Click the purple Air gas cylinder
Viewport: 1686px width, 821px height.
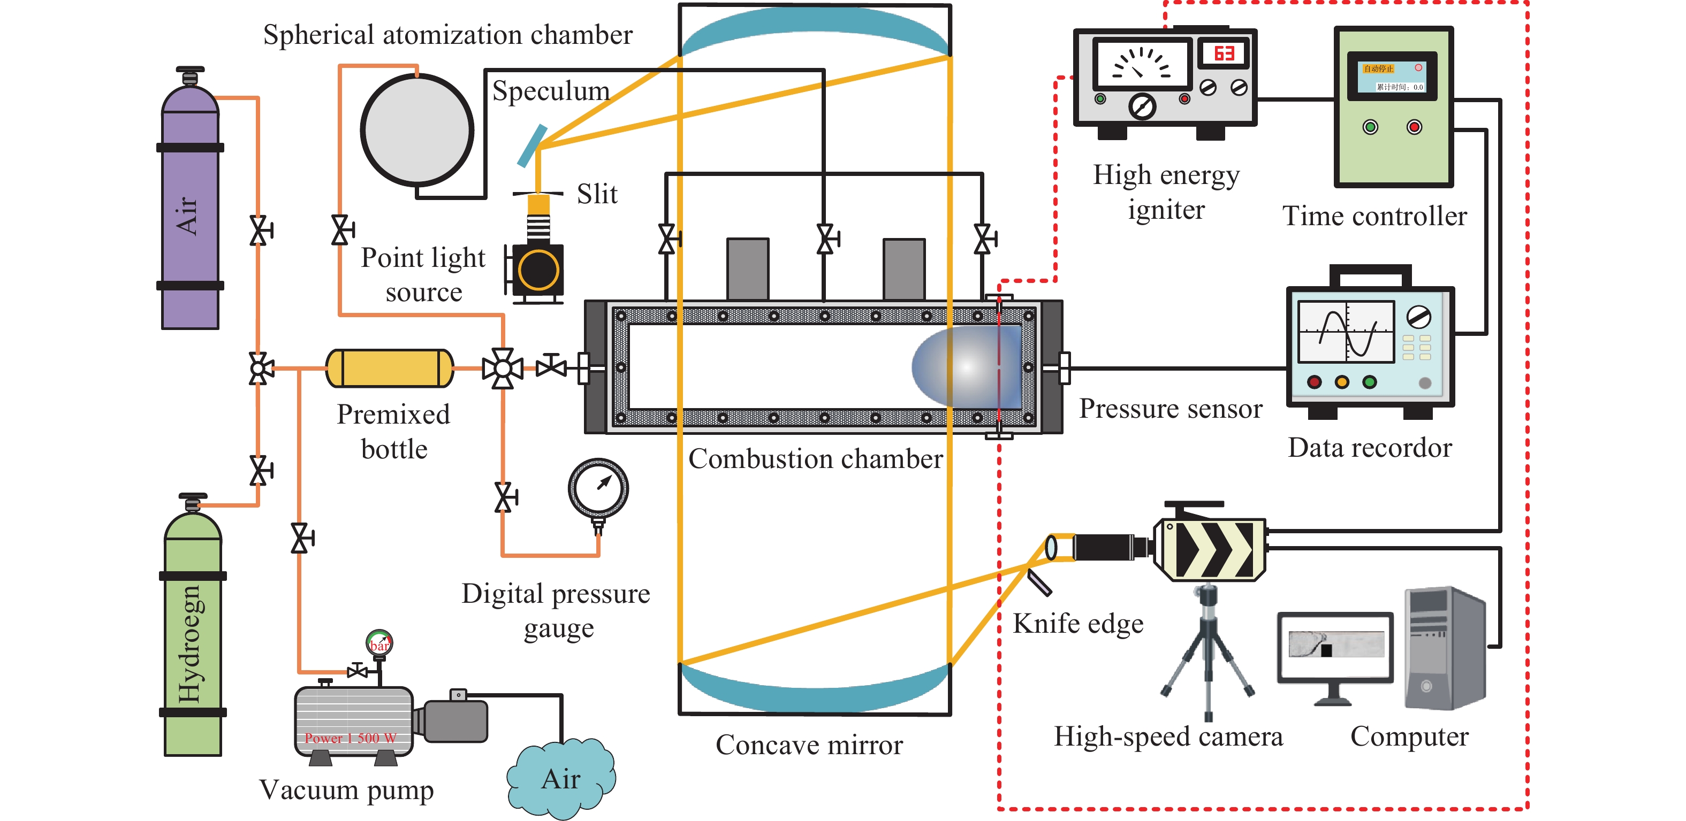pos(190,216)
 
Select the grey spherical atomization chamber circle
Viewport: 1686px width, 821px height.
pos(417,129)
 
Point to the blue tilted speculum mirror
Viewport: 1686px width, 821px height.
pos(531,146)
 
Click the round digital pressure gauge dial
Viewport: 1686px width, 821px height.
pos(598,488)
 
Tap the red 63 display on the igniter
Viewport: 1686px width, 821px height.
pos(1223,53)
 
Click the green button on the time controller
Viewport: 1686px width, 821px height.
pos(1370,127)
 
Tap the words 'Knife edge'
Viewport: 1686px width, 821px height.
pos(1078,624)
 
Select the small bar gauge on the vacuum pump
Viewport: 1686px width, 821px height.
pos(379,642)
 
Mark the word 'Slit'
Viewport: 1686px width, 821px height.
pos(597,194)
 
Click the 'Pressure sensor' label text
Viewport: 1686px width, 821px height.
pos(1170,408)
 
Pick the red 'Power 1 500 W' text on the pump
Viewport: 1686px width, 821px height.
pos(350,738)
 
